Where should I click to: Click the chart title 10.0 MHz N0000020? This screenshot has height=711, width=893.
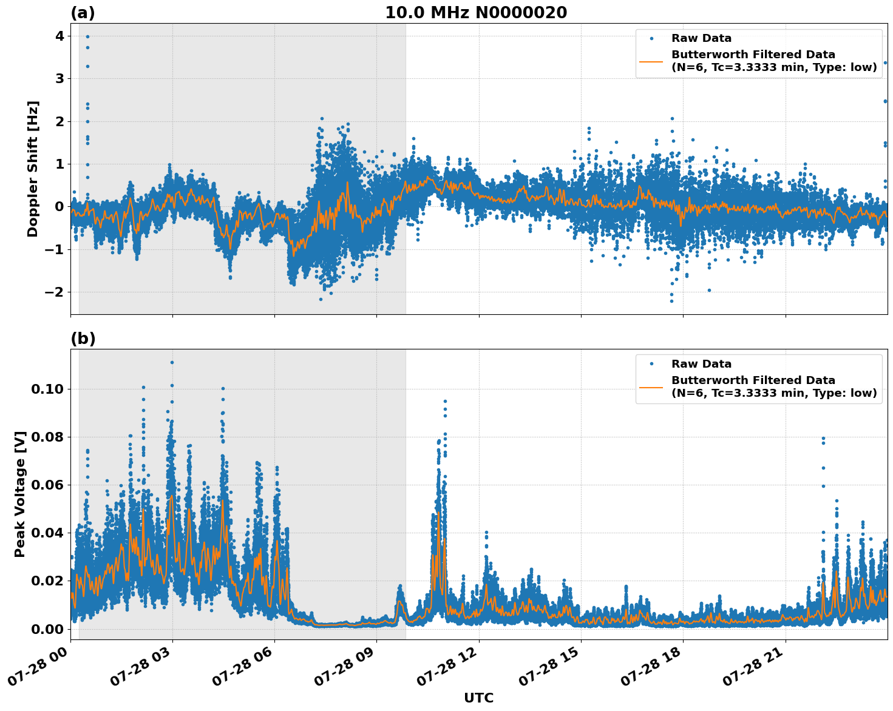point(476,13)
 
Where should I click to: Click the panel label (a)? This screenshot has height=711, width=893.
point(83,13)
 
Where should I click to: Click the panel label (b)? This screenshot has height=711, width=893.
point(83,339)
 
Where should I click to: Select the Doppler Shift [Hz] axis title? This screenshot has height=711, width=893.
point(33,169)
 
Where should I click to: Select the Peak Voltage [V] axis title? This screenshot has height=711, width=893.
point(20,494)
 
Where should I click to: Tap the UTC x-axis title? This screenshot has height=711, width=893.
point(478,698)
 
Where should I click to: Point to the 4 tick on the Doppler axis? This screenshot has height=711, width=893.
point(59,36)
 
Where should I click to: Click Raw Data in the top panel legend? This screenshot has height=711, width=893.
point(701,39)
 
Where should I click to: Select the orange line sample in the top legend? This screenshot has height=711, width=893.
point(651,61)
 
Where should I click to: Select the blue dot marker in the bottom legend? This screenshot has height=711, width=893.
point(651,364)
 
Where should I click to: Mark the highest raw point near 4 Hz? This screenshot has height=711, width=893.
point(87,36)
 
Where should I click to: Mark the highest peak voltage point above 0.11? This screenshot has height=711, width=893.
point(172,362)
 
